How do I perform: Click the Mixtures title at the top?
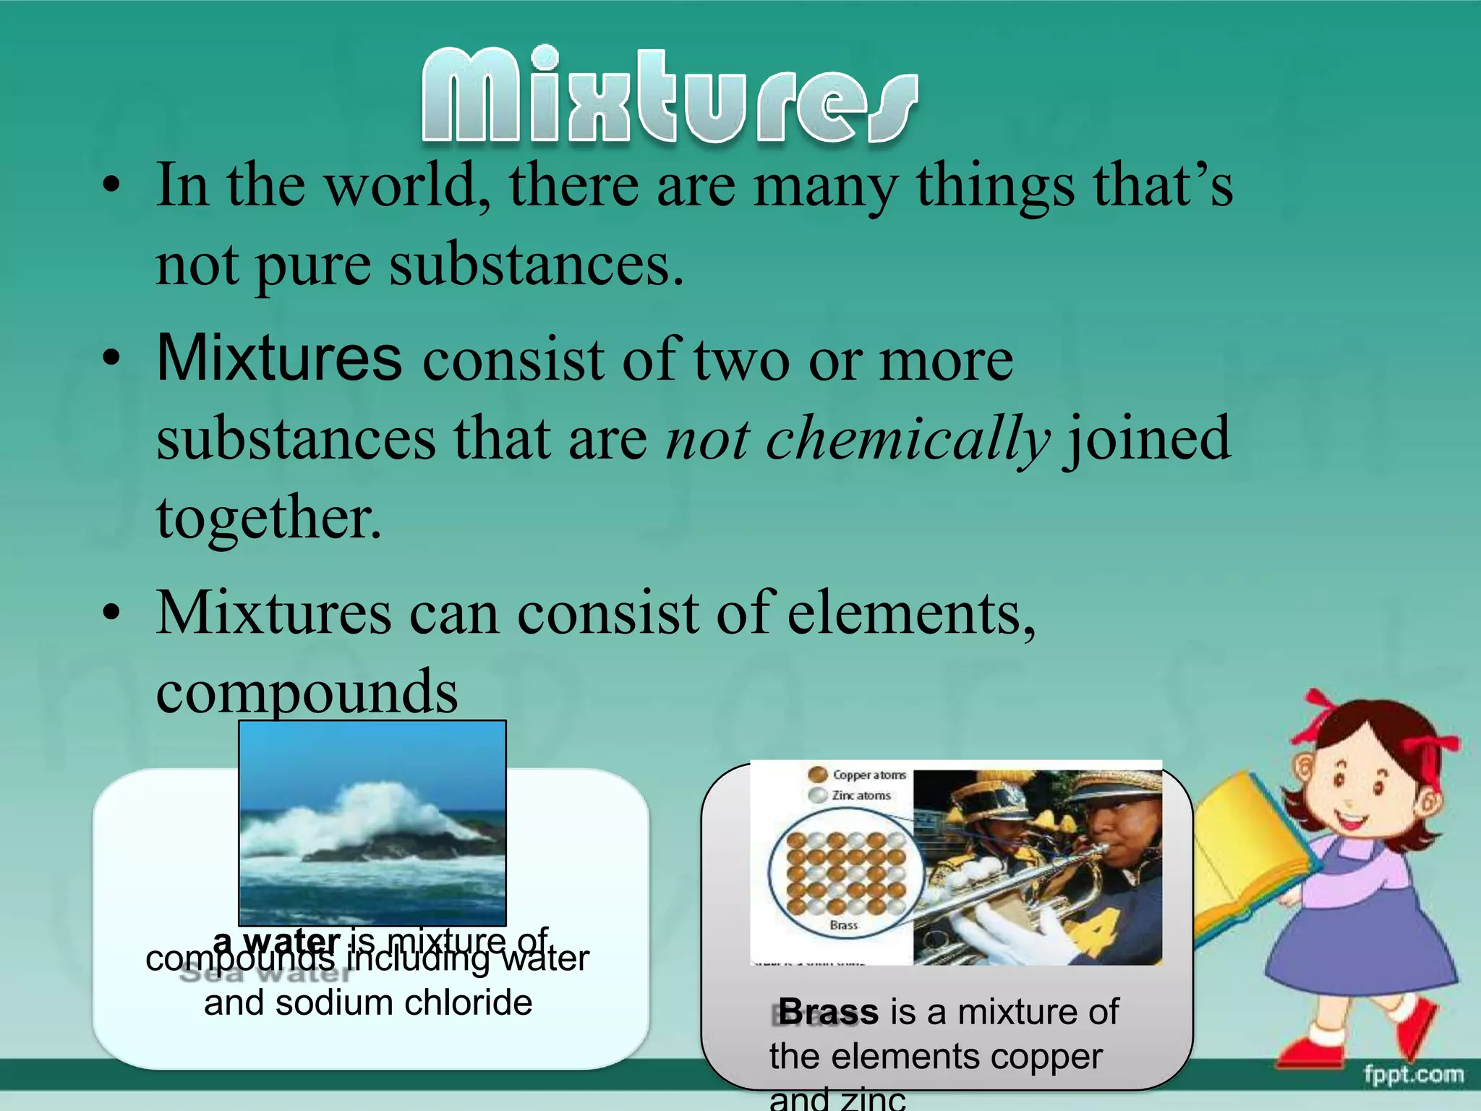669,95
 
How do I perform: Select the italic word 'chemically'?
858,438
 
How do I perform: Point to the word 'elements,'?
911,613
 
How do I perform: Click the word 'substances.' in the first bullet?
536,265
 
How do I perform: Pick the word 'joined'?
1146,438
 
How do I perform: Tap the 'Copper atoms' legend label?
868,775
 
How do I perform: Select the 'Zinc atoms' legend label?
861,796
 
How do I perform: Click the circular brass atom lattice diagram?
845,872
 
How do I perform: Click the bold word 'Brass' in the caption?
828,1011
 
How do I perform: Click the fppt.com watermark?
1414,1075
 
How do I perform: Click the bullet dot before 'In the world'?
111,187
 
